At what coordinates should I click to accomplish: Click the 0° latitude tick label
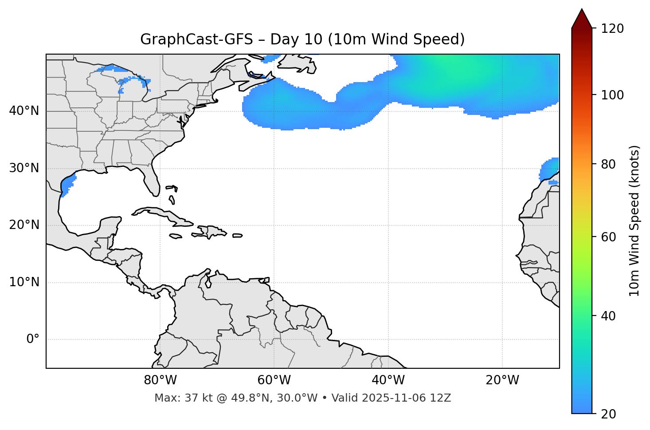33,339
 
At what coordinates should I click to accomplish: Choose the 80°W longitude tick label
160,380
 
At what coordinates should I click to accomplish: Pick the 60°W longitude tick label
274,380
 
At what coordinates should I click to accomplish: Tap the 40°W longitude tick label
388,380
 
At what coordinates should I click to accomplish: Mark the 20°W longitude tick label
502,380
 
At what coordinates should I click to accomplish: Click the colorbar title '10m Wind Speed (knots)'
634,221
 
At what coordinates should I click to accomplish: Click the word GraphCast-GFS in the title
196,39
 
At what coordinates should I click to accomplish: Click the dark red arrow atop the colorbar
582,19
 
